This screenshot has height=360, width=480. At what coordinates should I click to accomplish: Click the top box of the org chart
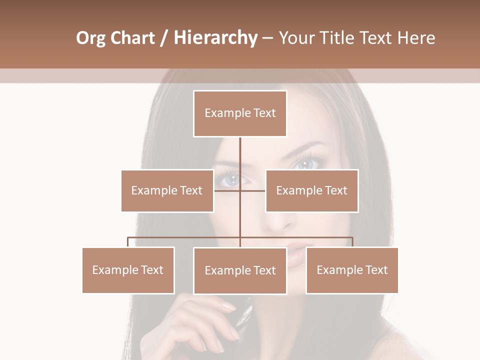coord(240,113)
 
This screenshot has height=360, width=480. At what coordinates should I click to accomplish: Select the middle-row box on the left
coord(167,190)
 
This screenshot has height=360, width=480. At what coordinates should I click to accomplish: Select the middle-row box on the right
coord(311,190)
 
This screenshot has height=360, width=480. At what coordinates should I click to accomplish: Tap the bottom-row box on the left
coord(128,270)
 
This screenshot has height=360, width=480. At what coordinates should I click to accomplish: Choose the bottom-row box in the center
coord(240,270)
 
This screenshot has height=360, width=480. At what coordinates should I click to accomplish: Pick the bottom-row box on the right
coord(352,270)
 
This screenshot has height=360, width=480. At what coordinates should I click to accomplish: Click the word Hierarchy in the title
coord(215,38)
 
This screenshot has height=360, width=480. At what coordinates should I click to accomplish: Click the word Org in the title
coord(91,38)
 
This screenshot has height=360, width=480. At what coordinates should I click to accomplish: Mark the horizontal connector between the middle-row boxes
coord(240,190)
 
